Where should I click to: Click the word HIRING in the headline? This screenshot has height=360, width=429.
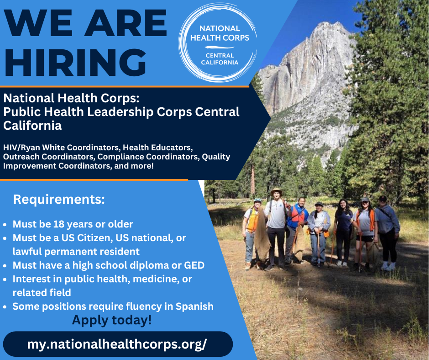tap(75, 62)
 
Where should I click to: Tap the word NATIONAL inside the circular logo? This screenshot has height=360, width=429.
tap(220, 28)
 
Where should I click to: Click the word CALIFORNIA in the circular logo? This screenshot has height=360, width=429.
tap(220, 63)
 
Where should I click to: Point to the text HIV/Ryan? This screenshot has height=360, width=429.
tap(21, 148)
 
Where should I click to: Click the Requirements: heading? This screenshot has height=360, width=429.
tap(59, 199)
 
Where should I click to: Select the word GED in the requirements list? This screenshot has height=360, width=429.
tap(194, 265)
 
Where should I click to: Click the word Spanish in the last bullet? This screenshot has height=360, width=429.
tap(194, 307)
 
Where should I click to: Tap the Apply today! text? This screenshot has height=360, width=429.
tap(112, 320)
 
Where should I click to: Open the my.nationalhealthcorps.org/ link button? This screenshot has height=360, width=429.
tap(118, 344)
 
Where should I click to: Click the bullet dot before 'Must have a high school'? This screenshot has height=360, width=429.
tap(5, 266)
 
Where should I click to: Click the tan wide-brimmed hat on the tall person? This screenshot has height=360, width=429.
tap(276, 191)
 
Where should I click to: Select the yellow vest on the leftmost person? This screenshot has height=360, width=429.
tap(252, 220)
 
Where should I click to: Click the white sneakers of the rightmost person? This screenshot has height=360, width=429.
tap(388, 266)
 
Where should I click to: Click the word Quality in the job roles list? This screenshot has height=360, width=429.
tap(216, 157)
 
